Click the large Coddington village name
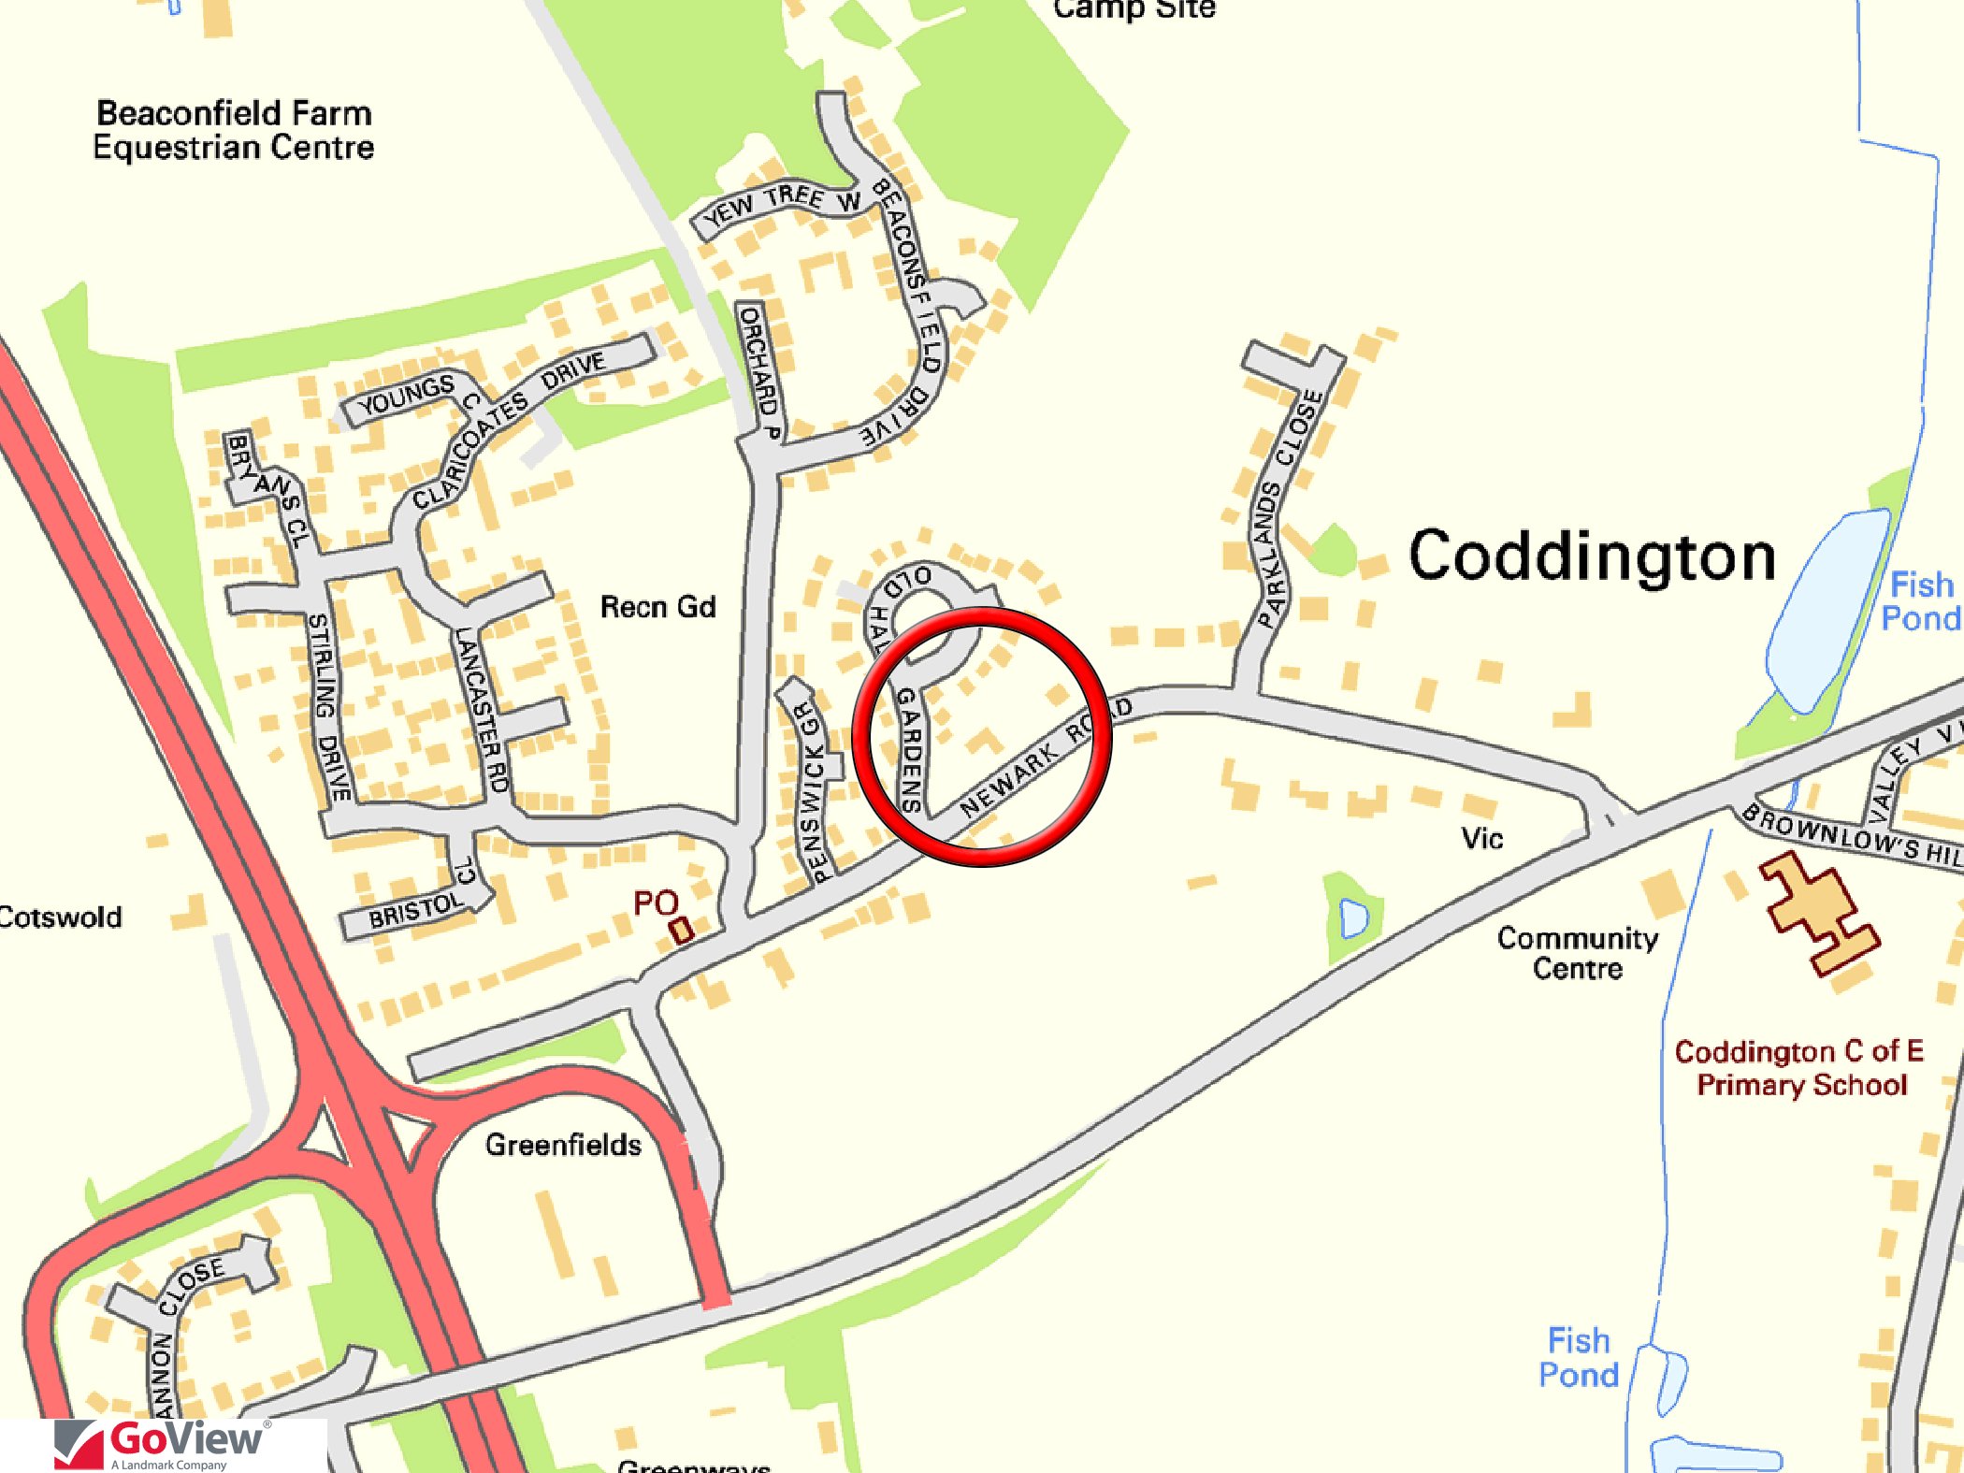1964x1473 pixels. (x=1592, y=557)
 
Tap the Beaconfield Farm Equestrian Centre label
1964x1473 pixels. (x=234, y=131)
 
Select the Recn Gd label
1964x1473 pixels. (x=657, y=607)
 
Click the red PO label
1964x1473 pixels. (x=655, y=903)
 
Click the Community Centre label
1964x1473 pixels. (x=1578, y=953)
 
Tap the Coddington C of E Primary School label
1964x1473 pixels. (x=1799, y=1068)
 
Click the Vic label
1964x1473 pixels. (x=1482, y=838)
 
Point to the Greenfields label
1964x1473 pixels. (x=563, y=1145)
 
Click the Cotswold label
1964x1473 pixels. (x=61, y=917)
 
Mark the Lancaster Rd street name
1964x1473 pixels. (x=483, y=711)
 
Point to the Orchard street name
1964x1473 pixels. (x=758, y=368)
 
